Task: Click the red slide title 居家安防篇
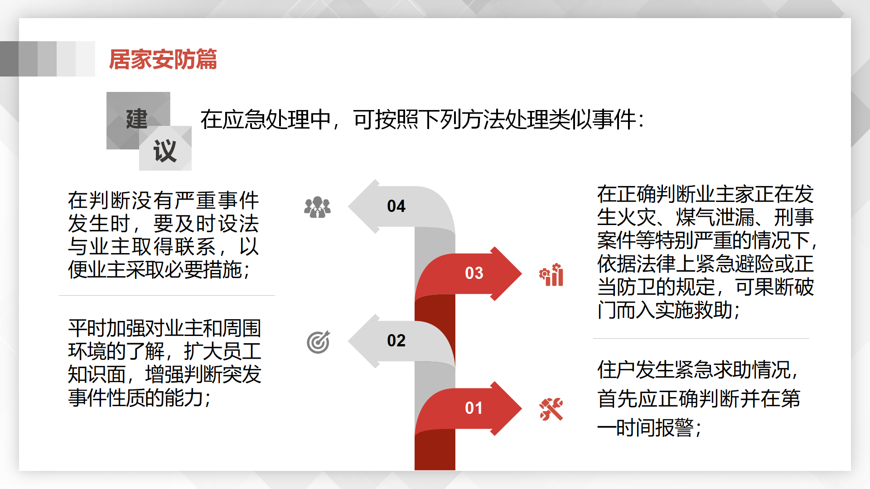point(163,59)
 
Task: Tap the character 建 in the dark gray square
point(137,119)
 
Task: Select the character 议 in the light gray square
point(165,150)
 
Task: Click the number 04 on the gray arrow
point(396,206)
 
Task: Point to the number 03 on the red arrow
point(474,273)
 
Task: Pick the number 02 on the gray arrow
point(396,340)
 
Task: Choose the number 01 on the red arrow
point(474,408)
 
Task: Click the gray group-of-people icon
point(317,207)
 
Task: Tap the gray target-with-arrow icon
point(319,342)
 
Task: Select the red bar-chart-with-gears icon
point(551,275)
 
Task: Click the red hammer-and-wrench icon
point(551,409)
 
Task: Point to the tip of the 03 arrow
point(522,273)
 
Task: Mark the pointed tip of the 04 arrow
point(348,206)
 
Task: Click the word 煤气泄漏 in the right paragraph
point(715,217)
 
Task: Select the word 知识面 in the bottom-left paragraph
point(97,374)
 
